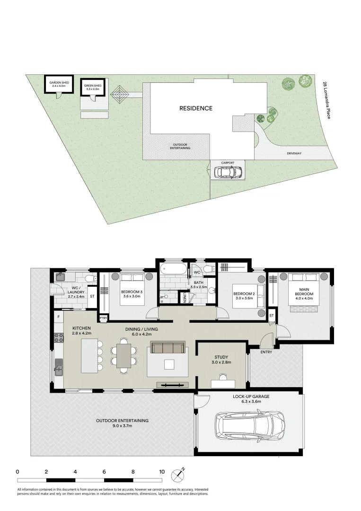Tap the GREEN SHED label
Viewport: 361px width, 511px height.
(92, 87)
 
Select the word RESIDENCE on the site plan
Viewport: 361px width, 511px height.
(195, 108)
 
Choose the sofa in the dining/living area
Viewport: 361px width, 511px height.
(167, 348)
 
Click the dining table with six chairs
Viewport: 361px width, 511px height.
(124, 356)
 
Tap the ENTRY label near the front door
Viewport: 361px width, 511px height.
(266, 352)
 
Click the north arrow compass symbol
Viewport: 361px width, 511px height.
(180, 472)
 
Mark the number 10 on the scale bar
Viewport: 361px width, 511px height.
(162, 472)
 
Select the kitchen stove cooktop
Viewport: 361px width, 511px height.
(60, 338)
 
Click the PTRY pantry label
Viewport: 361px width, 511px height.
(103, 318)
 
